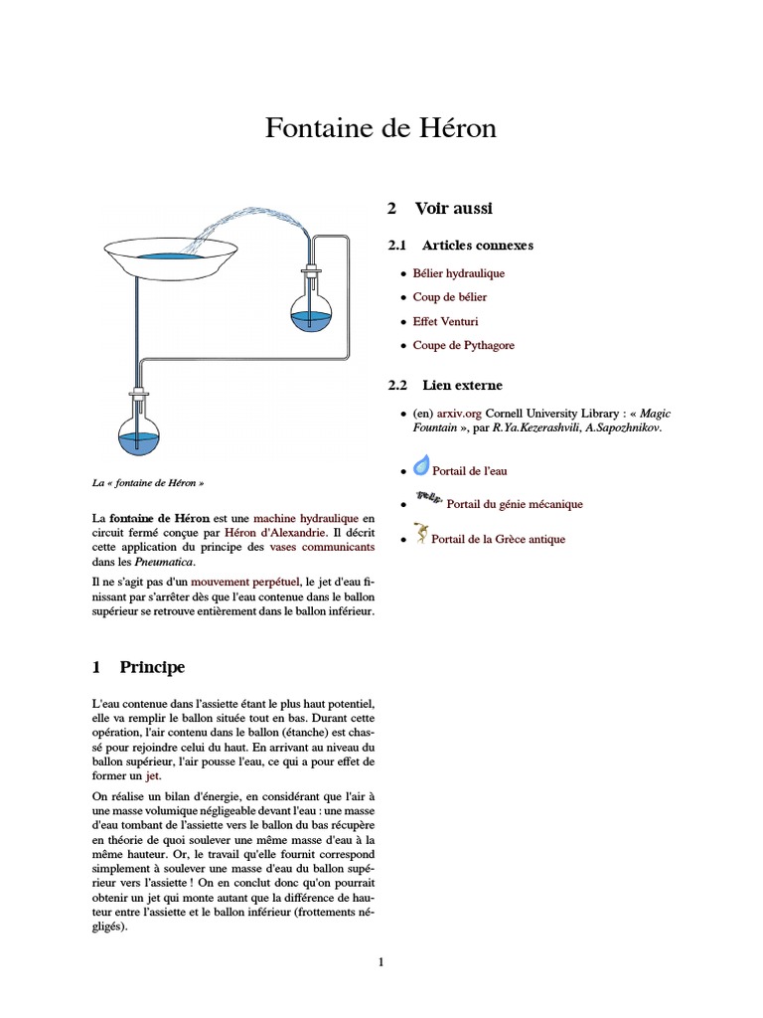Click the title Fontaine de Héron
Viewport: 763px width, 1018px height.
pyautogui.click(x=381, y=128)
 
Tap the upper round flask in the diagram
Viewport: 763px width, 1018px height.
pyautogui.click(x=310, y=309)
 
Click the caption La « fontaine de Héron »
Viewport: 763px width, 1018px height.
pyautogui.click(x=148, y=483)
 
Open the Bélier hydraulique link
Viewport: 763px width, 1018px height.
pyautogui.click(x=459, y=272)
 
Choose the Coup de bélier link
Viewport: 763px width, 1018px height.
pyautogui.click(x=450, y=297)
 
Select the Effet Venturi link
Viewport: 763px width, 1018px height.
pyautogui.click(x=445, y=321)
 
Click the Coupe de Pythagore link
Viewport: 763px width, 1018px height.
pyautogui.click(x=464, y=346)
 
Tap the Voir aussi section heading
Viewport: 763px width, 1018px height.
pyautogui.click(x=453, y=208)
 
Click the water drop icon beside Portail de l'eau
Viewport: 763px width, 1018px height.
pyautogui.click(x=421, y=466)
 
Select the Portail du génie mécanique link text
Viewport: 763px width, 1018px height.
pyautogui.click(x=515, y=504)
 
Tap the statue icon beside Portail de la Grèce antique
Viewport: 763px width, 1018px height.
pyautogui.click(x=421, y=535)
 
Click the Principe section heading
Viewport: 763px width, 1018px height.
pyautogui.click(x=152, y=666)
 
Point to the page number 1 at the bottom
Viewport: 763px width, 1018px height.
pyautogui.click(x=380, y=961)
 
